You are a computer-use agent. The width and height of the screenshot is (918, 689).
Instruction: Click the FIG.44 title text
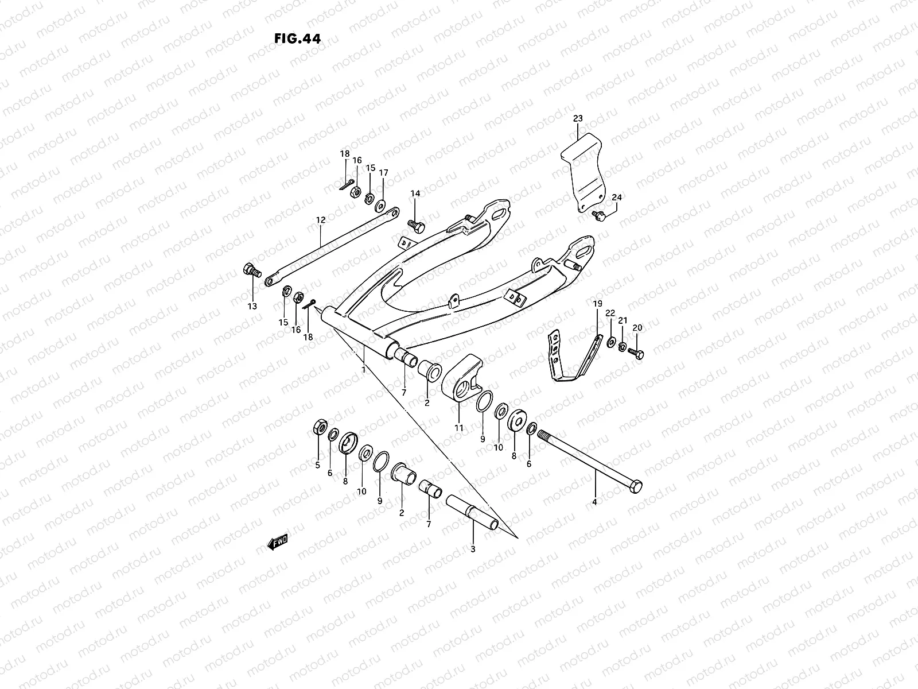pyautogui.click(x=298, y=39)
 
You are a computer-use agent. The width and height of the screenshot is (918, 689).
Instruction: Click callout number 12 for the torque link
pyautogui.click(x=320, y=220)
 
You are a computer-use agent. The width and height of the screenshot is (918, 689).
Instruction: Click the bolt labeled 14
pyautogui.click(x=416, y=224)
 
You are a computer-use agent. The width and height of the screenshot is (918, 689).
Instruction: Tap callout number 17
pyautogui.click(x=383, y=172)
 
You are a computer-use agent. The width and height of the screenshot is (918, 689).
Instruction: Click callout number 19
pyautogui.click(x=597, y=303)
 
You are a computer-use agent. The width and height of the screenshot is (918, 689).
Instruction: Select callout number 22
pyautogui.click(x=610, y=313)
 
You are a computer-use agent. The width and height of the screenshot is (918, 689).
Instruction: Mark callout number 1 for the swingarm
pyautogui.click(x=363, y=370)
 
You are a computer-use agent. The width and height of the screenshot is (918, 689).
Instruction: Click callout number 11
pyautogui.click(x=459, y=428)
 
